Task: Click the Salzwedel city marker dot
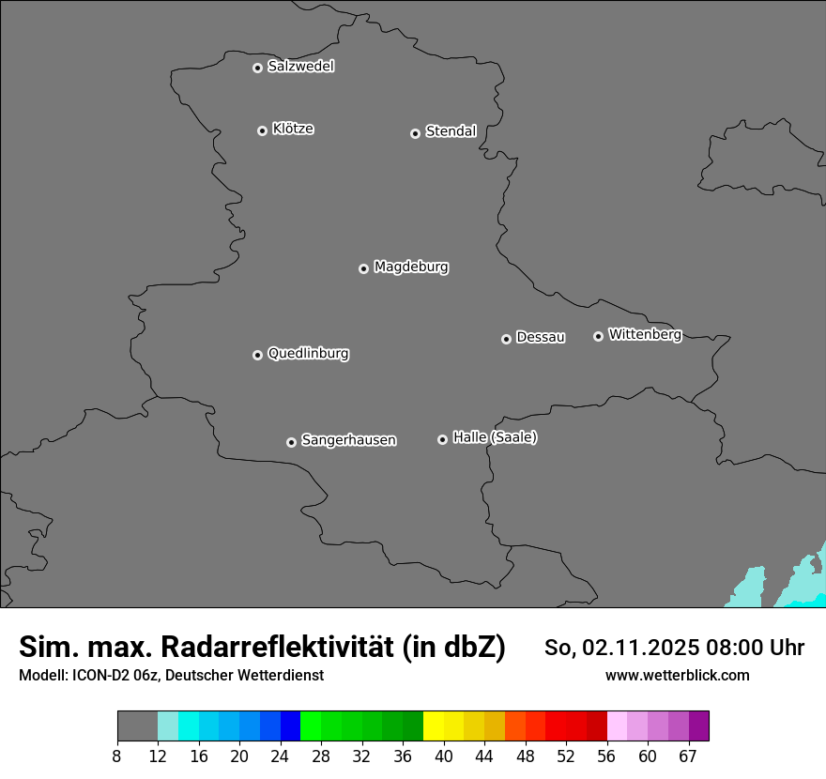click(257, 68)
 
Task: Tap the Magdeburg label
click(411, 267)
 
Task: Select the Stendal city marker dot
click(415, 133)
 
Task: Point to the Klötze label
click(293, 129)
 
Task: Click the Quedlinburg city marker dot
click(257, 355)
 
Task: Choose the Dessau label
click(541, 337)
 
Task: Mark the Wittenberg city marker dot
click(598, 336)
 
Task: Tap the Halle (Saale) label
click(495, 437)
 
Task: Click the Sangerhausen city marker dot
click(291, 442)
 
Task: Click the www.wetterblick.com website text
click(678, 675)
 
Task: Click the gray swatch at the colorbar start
click(137, 726)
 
